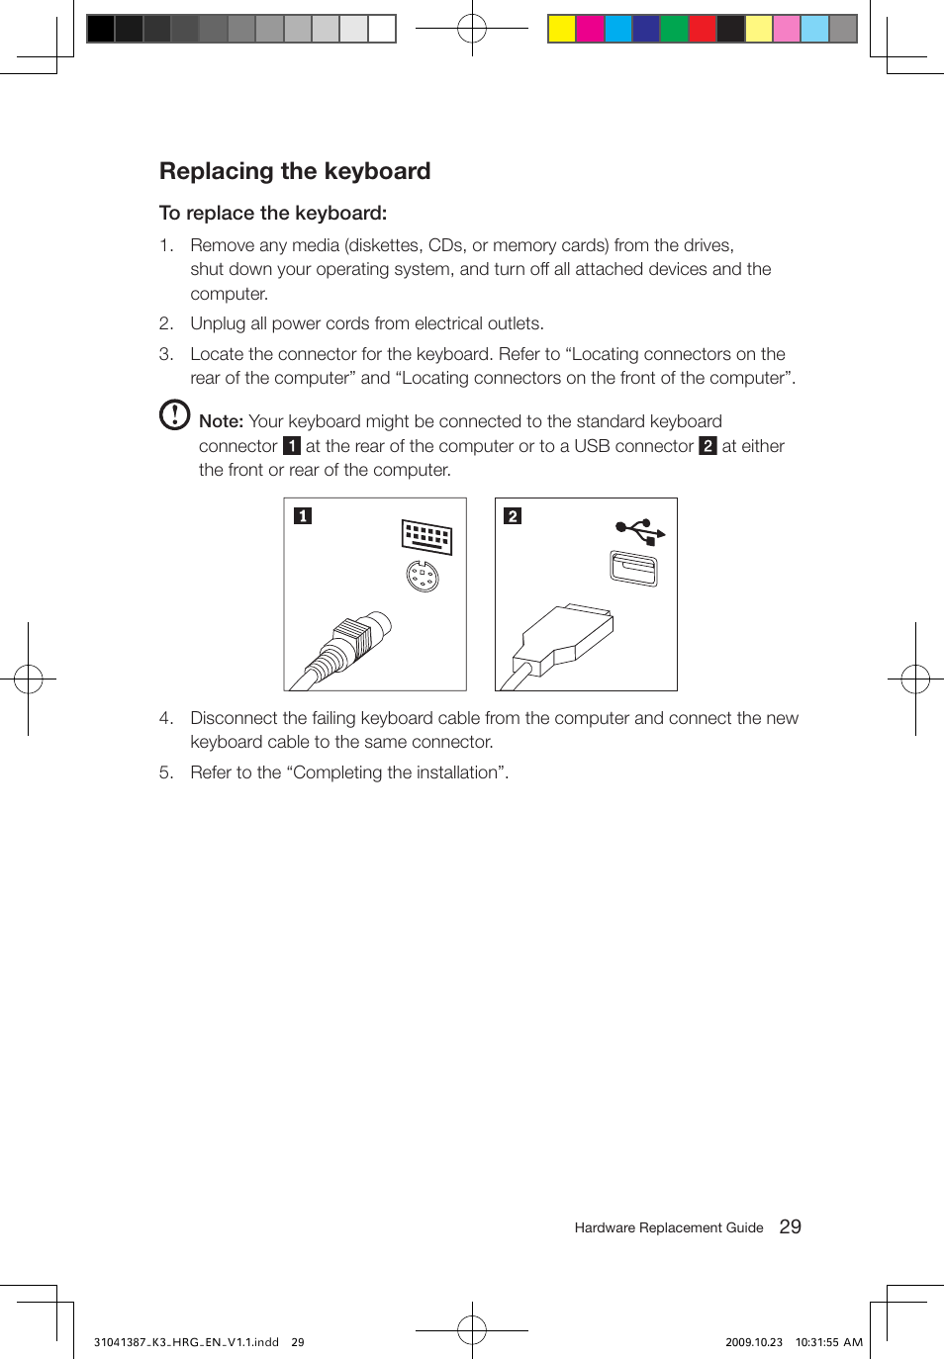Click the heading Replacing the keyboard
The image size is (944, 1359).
tap(295, 171)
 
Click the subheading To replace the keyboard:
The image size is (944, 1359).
tap(273, 213)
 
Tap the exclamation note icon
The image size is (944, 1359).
tap(174, 414)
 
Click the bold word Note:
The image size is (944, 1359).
tap(221, 421)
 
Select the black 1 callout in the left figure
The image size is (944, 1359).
tap(303, 515)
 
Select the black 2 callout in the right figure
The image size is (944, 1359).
tap(513, 515)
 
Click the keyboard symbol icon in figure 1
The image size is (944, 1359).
tap(426, 536)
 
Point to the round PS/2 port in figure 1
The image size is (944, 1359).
tap(423, 575)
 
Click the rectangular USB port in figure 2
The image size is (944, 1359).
tap(633, 568)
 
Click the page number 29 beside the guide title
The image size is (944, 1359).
tap(790, 1226)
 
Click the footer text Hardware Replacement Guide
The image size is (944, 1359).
tap(669, 1227)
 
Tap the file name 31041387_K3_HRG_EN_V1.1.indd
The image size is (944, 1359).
tap(186, 1342)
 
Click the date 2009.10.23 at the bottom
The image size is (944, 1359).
tap(753, 1342)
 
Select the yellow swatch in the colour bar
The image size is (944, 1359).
tap(562, 29)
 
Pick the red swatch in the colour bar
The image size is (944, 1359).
tap(702, 29)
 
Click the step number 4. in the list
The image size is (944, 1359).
tap(166, 718)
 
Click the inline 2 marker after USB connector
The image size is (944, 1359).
tap(708, 446)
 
